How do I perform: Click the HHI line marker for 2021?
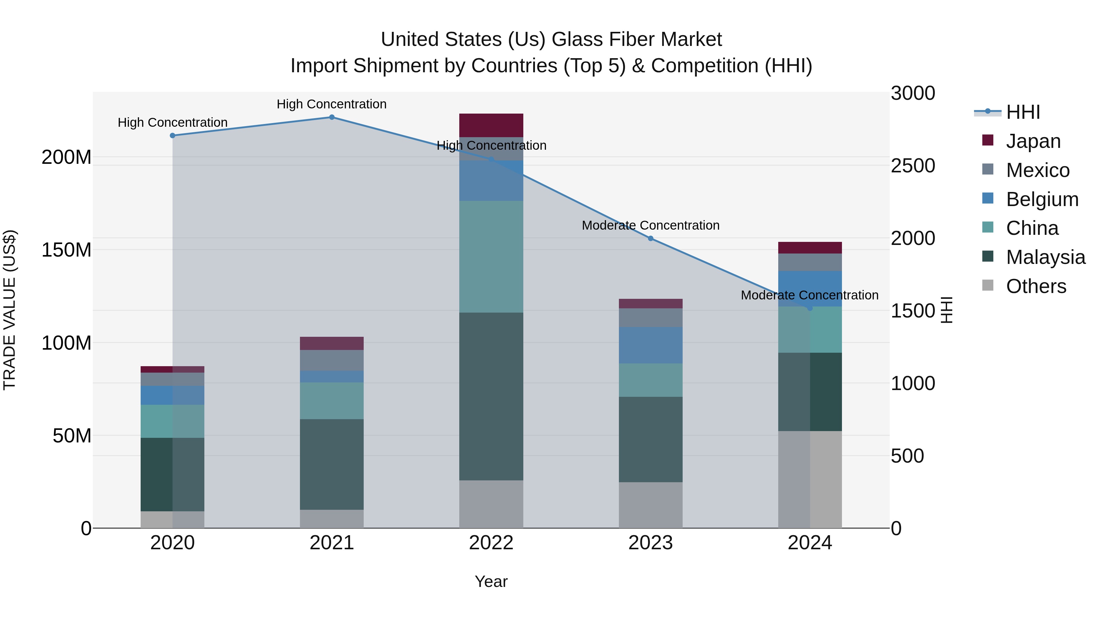(x=332, y=117)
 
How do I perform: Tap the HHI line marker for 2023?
(x=650, y=238)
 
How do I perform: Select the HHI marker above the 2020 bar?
(x=172, y=136)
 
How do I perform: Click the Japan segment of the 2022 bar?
(x=491, y=125)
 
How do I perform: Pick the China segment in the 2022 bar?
(x=491, y=257)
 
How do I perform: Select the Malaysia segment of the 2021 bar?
(x=332, y=464)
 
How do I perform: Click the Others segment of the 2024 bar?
(x=810, y=479)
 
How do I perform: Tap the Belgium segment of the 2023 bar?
(x=650, y=345)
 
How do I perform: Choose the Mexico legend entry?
(x=1037, y=170)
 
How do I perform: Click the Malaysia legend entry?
(x=1045, y=257)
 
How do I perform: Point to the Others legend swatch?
(x=987, y=285)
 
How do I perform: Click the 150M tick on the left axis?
(x=66, y=250)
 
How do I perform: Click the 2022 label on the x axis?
(x=491, y=543)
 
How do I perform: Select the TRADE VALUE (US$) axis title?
(x=9, y=310)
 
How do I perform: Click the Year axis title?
(x=491, y=581)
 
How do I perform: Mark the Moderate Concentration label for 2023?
(x=650, y=225)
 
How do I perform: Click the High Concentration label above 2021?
(x=332, y=104)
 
